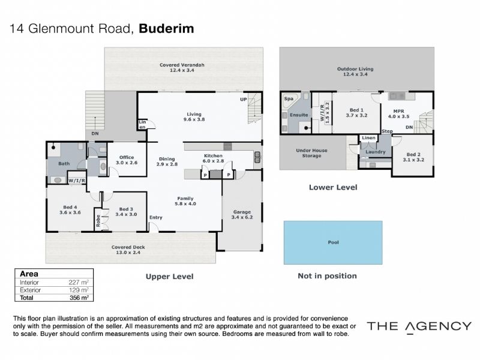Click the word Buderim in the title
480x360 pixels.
166,28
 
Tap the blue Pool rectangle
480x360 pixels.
333,242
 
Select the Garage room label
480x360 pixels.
242,212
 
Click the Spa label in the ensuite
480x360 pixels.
289,98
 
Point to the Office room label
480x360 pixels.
127,157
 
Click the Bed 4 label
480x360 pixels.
70,207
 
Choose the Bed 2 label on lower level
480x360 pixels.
413,155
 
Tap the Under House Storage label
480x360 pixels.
311,153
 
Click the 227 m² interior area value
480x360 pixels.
79,282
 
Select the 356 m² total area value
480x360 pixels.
79,298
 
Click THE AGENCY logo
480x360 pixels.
419,326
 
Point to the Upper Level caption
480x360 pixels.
170,277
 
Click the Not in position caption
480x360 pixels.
327,276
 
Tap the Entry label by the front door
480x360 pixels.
156,218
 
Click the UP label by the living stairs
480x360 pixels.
244,100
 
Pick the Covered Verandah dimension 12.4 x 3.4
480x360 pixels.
182,70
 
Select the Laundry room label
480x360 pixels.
376,152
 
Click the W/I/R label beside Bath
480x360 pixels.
77,181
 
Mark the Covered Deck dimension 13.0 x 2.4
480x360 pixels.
128,253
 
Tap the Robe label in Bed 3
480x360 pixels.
98,221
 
